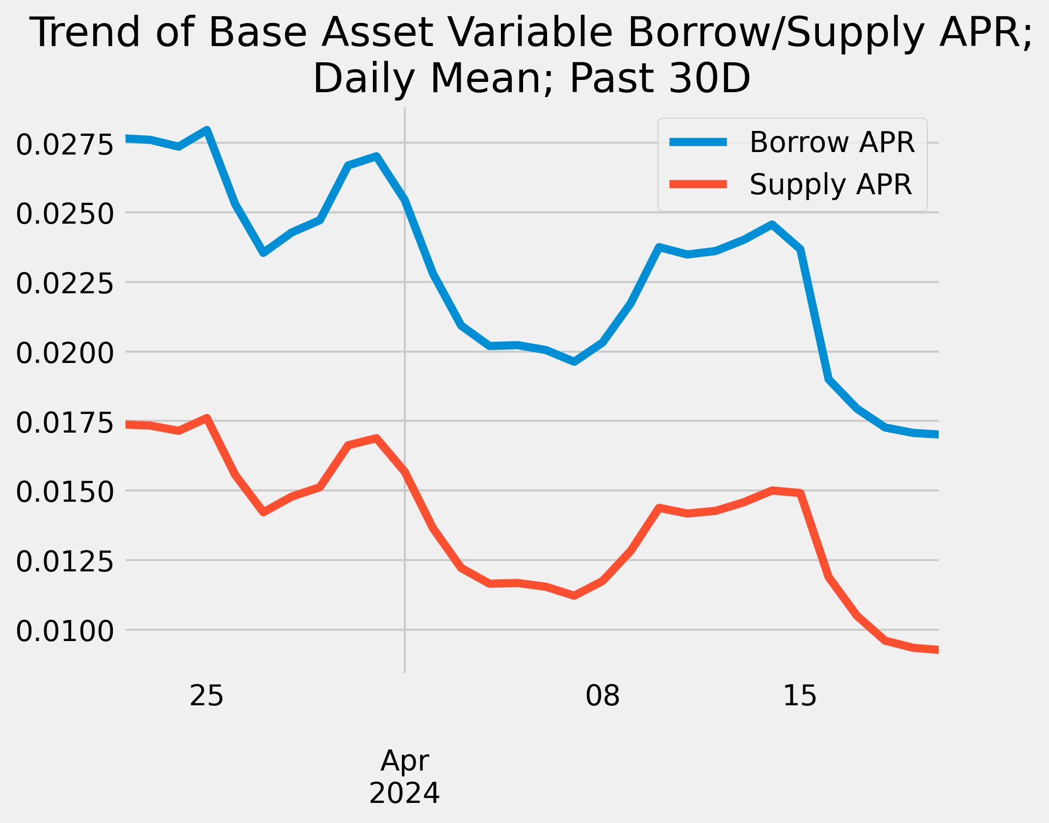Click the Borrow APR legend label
(832, 143)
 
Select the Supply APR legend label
(830, 184)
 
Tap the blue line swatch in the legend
(698, 142)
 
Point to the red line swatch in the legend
(698, 184)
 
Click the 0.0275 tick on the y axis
(65, 145)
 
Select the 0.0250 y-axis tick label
(65, 215)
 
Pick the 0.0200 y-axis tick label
(65, 354)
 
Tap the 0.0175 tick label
(65, 423)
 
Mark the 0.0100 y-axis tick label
(65, 632)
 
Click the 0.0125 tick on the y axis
(65, 562)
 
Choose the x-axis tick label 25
(207, 696)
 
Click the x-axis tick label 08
(603, 696)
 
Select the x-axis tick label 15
(800, 696)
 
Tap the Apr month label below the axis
(405, 761)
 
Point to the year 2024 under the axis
(404, 794)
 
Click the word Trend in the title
(85, 32)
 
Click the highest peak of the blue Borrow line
(207, 130)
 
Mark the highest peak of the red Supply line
(207, 418)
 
